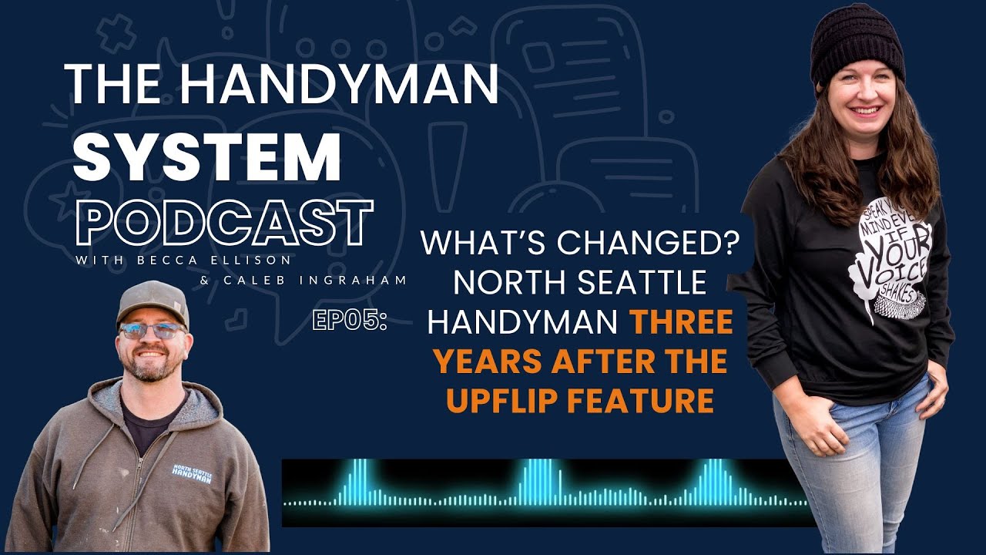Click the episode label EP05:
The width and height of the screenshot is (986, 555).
click(349, 321)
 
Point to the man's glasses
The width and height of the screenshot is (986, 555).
click(153, 331)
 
